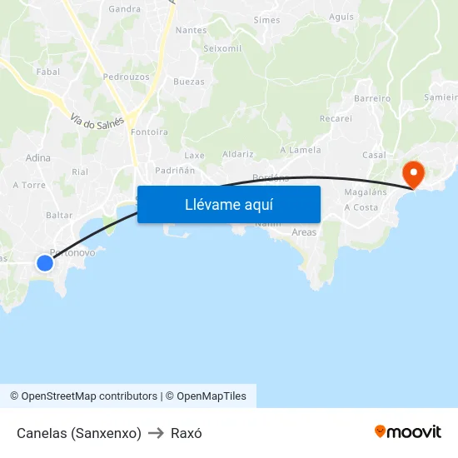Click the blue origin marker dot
pos(45,263)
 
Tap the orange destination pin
pos(412,173)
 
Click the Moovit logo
pos(407,431)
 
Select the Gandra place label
pos(124,10)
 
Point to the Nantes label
pos(191,31)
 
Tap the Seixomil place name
pos(222,48)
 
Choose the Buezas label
pos(188,82)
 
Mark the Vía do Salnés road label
pos(97,121)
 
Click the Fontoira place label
pos(149,132)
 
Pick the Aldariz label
pos(238,155)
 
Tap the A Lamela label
pos(300,150)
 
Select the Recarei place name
pos(336,118)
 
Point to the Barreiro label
pos(372,98)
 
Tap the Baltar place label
pos(59,215)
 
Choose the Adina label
pos(38,157)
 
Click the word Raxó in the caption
pos(186,433)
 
